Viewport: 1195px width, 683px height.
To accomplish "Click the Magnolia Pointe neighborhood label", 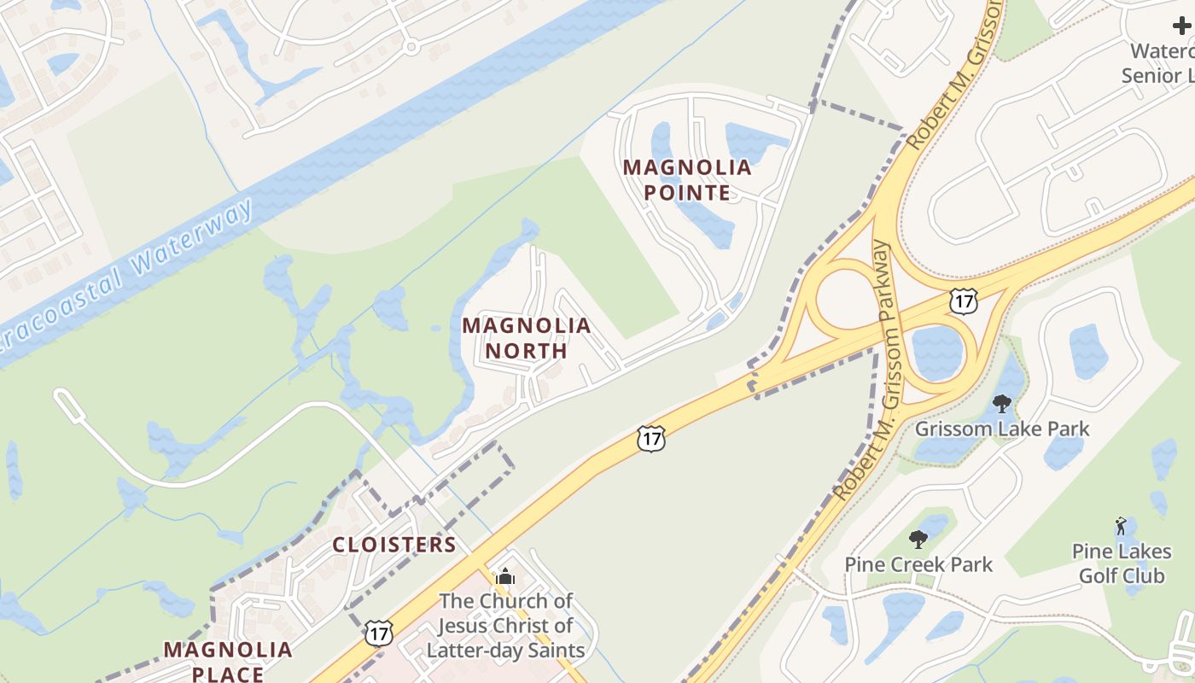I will click(x=687, y=179).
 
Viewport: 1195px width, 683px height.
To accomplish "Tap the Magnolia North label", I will click(x=527, y=338).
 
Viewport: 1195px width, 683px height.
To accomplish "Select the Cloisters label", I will click(x=393, y=545).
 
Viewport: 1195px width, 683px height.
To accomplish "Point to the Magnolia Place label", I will click(x=228, y=662).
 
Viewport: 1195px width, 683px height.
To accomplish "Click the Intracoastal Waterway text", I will click(x=128, y=277).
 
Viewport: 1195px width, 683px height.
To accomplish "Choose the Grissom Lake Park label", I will click(x=1002, y=428).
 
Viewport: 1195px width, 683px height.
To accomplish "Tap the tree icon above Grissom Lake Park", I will click(x=1002, y=403).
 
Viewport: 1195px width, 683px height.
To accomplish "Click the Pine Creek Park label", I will click(x=918, y=564).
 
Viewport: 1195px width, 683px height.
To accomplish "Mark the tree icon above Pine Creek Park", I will click(x=918, y=540).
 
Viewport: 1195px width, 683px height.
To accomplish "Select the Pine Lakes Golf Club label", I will click(x=1121, y=563).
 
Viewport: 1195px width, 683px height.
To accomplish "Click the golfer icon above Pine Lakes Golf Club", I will click(x=1121, y=526).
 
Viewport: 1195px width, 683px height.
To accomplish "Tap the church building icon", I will click(x=505, y=576).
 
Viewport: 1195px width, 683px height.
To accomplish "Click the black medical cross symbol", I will click(x=1182, y=26).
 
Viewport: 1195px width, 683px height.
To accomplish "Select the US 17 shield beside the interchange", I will click(x=963, y=300).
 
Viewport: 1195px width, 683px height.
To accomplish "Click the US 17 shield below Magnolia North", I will click(x=650, y=439).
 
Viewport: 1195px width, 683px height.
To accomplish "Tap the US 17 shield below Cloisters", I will click(x=378, y=633).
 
